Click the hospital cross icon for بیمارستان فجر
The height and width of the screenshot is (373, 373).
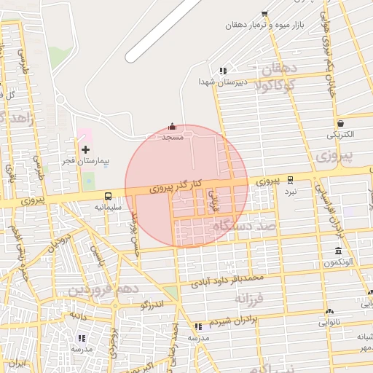[85, 149]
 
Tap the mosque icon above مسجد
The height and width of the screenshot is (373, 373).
[172, 126]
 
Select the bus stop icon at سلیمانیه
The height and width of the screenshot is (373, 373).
[108, 196]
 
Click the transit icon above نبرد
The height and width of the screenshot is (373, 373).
[291, 179]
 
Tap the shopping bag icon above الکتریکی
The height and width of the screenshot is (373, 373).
[340, 123]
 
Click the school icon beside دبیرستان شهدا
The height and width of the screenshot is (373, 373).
[222, 71]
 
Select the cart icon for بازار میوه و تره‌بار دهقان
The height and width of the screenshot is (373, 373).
[264, 13]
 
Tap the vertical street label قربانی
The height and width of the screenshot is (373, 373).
[213, 200]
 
